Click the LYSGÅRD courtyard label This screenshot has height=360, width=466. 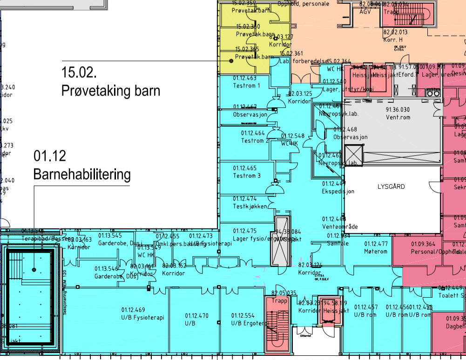coord(391,187)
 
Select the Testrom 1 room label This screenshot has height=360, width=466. coord(246,86)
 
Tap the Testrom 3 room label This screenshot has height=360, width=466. coord(246,176)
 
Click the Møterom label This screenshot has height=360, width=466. coord(375,251)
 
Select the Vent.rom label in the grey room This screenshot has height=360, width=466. coord(398,117)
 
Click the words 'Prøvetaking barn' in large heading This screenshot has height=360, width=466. coord(110,91)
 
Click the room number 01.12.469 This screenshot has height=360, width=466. coord(133,309)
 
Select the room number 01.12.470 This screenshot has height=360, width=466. coord(196,315)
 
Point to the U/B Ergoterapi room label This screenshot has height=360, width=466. coord(250,323)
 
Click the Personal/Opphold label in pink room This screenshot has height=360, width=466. coord(429,251)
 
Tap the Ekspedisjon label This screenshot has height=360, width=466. coord(338,191)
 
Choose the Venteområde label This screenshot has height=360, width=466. coord(340,227)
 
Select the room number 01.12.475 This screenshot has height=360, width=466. coord(245,231)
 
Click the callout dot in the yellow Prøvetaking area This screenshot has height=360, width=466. coord(230,61)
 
